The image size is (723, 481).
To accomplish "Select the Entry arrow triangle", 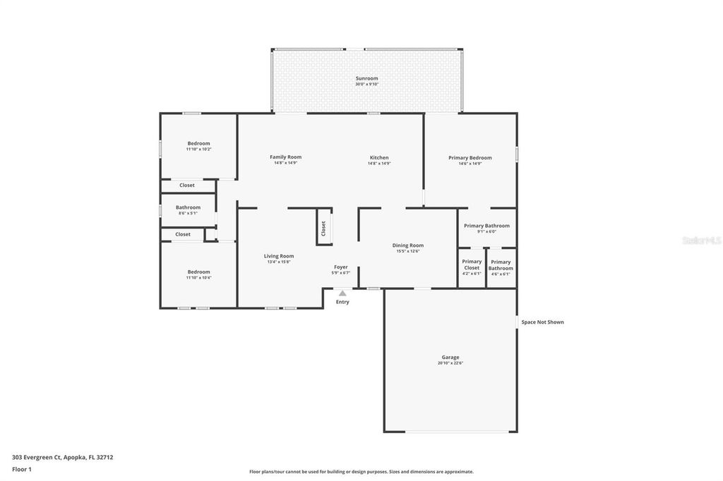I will [x=342, y=293].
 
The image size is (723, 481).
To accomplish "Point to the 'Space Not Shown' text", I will [x=542, y=322].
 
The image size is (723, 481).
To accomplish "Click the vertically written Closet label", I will [x=323, y=228].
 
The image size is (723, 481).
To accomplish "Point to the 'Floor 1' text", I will [x=23, y=469].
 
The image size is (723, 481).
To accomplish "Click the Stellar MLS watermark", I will [x=700, y=240].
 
